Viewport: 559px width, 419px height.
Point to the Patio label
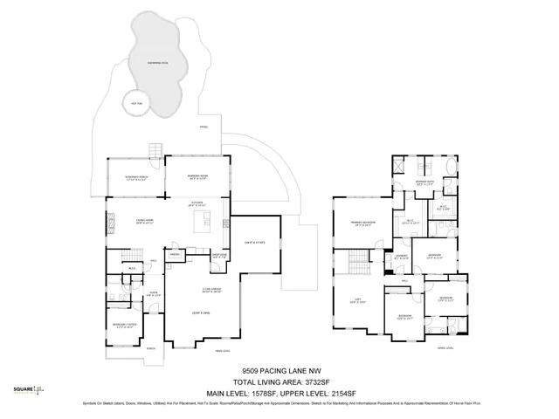[x=204, y=127]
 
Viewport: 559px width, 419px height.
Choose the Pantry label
[x=174, y=256]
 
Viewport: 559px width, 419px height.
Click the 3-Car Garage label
[x=210, y=291]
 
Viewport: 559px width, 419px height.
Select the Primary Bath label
[x=425, y=183]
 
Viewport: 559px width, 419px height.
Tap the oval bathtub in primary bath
[x=451, y=167]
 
